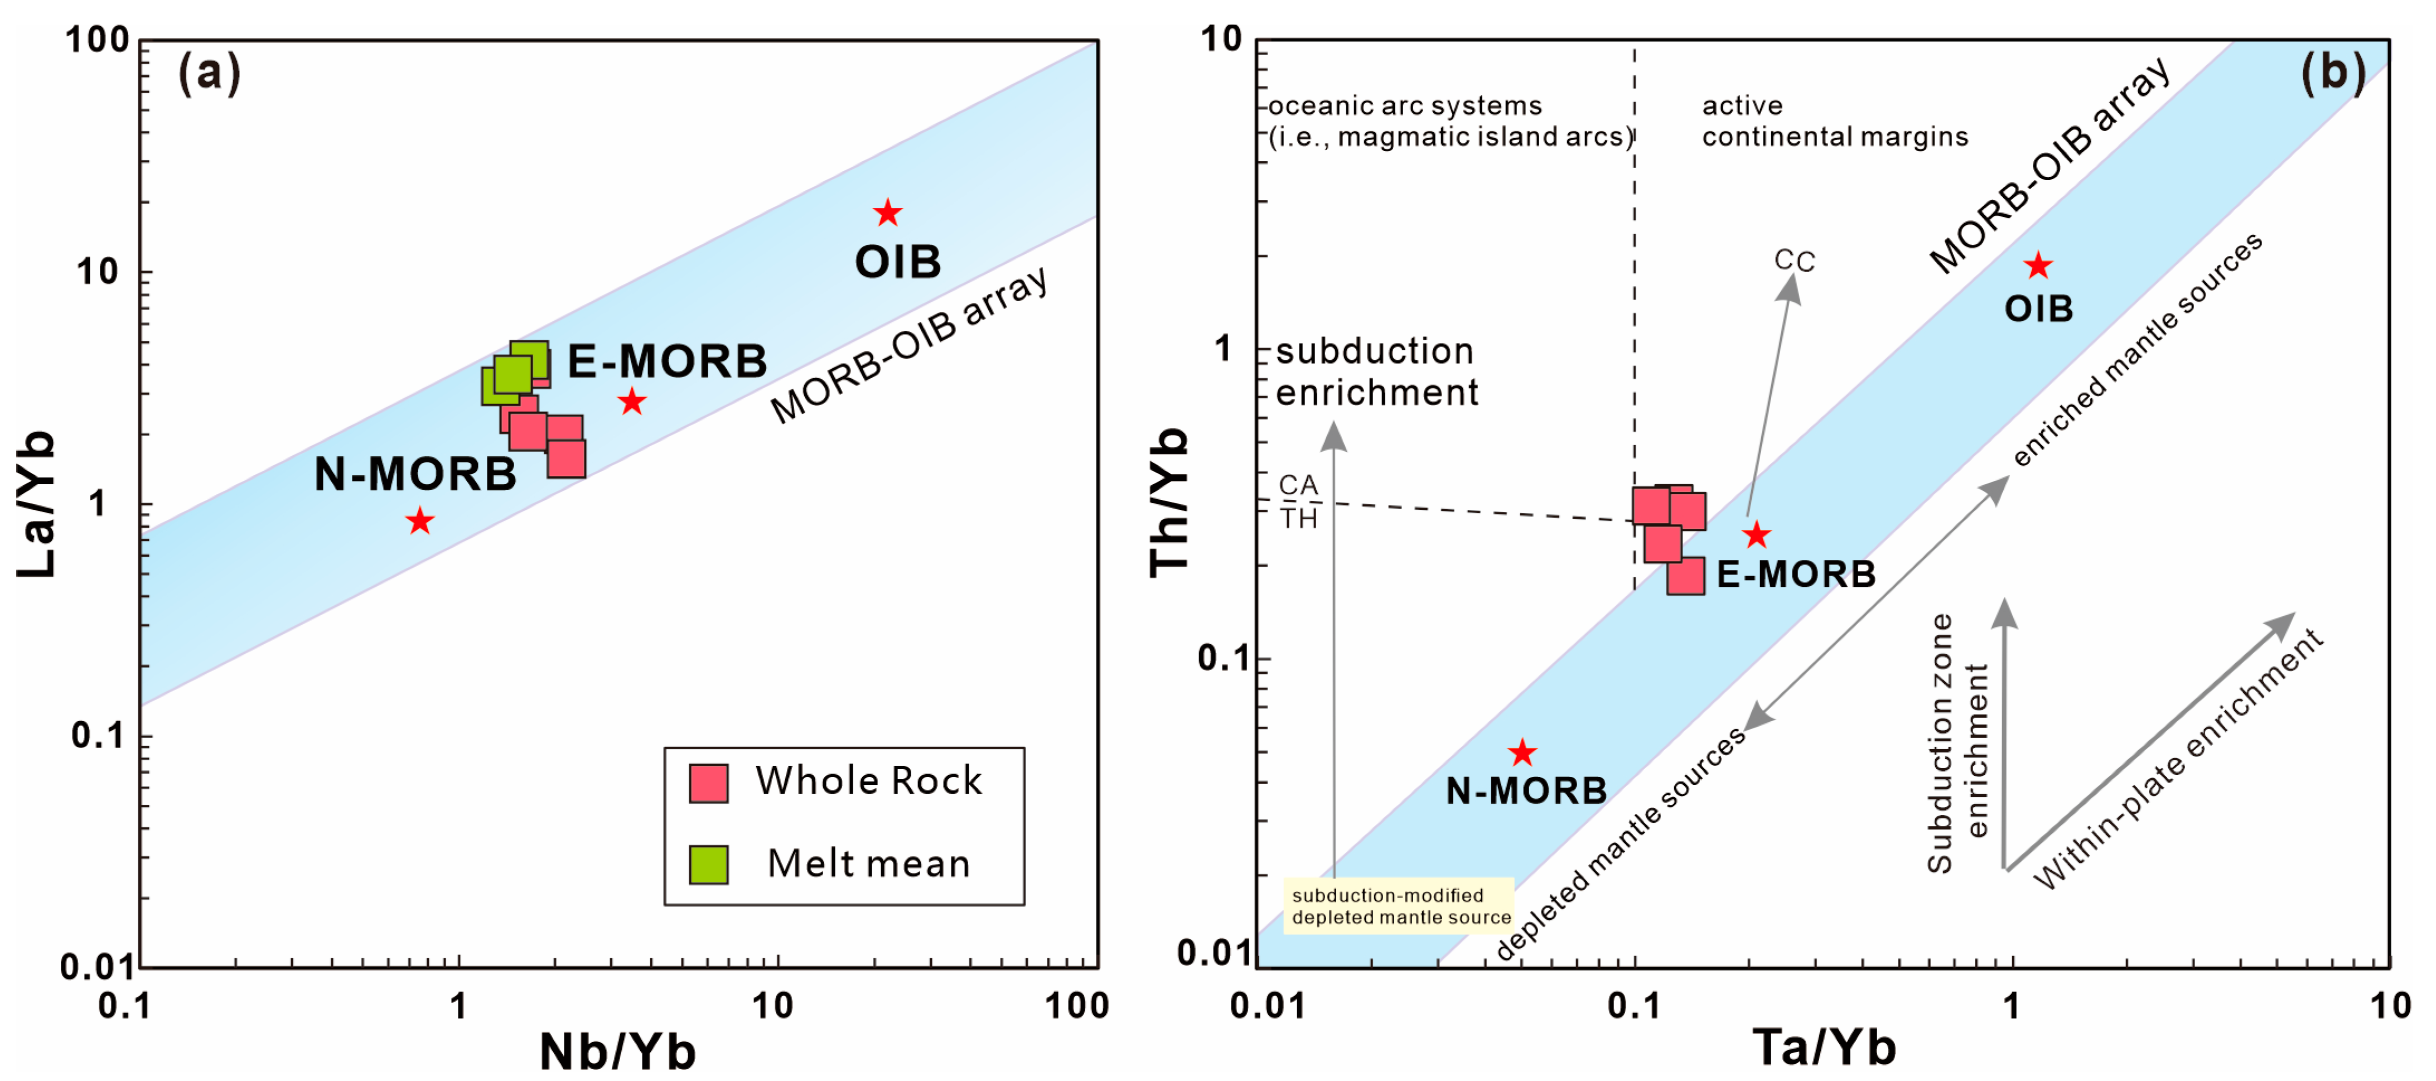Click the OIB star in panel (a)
point(887,213)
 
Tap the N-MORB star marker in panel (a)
point(420,520)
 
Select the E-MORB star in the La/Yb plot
point(632,402)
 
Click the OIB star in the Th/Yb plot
point(2038,266)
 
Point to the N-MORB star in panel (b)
point(1521,753)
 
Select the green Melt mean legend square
point(708,863)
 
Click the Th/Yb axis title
point(1169,502)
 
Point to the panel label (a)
point(209,73)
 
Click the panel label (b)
point(2333,73)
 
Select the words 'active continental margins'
point(1835,121)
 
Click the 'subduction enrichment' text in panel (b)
point(1376,371)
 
